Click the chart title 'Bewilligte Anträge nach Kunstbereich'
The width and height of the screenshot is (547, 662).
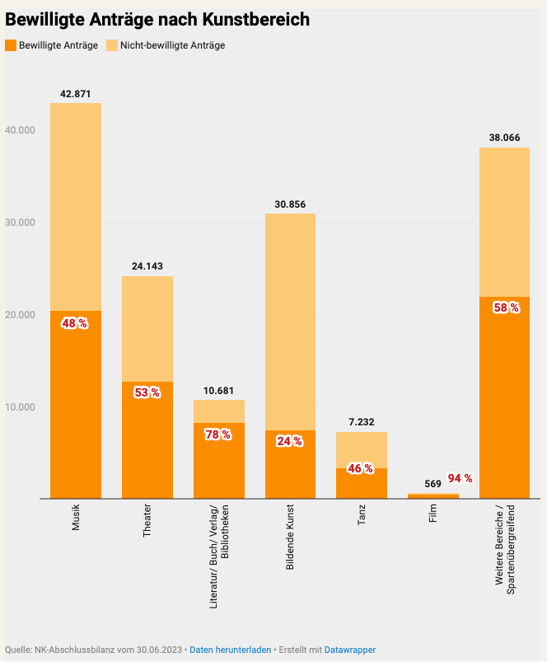(x=157, y=20)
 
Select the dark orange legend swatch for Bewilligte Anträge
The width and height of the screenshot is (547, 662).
(x=11, y=45)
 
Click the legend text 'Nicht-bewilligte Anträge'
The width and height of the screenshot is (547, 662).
(x=172, y=45)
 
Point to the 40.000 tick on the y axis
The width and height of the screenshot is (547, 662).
(x=21, y=130)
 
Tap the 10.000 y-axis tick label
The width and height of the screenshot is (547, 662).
(x=21, y=407)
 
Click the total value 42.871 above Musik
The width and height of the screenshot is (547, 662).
(x=76, y=94)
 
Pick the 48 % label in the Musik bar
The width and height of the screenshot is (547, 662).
(x=74, y=324)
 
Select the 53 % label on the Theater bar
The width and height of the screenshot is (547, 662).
(x=147, y=392)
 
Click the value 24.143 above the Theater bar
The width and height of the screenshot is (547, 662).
(x=147, y=266)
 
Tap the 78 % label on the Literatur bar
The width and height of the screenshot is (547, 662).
(x=218, y=434)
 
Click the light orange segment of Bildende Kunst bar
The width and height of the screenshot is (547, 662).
(x=290, y=322)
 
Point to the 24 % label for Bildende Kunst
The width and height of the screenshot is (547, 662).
(x=289, y=441)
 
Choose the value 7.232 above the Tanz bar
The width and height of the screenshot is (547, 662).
(x=362, y=422)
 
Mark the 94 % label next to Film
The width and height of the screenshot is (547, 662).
(x=460, y=478)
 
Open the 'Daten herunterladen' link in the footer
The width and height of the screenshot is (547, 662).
(x=230, y=650)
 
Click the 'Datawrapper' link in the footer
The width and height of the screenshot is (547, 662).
(x=350, y=650)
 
